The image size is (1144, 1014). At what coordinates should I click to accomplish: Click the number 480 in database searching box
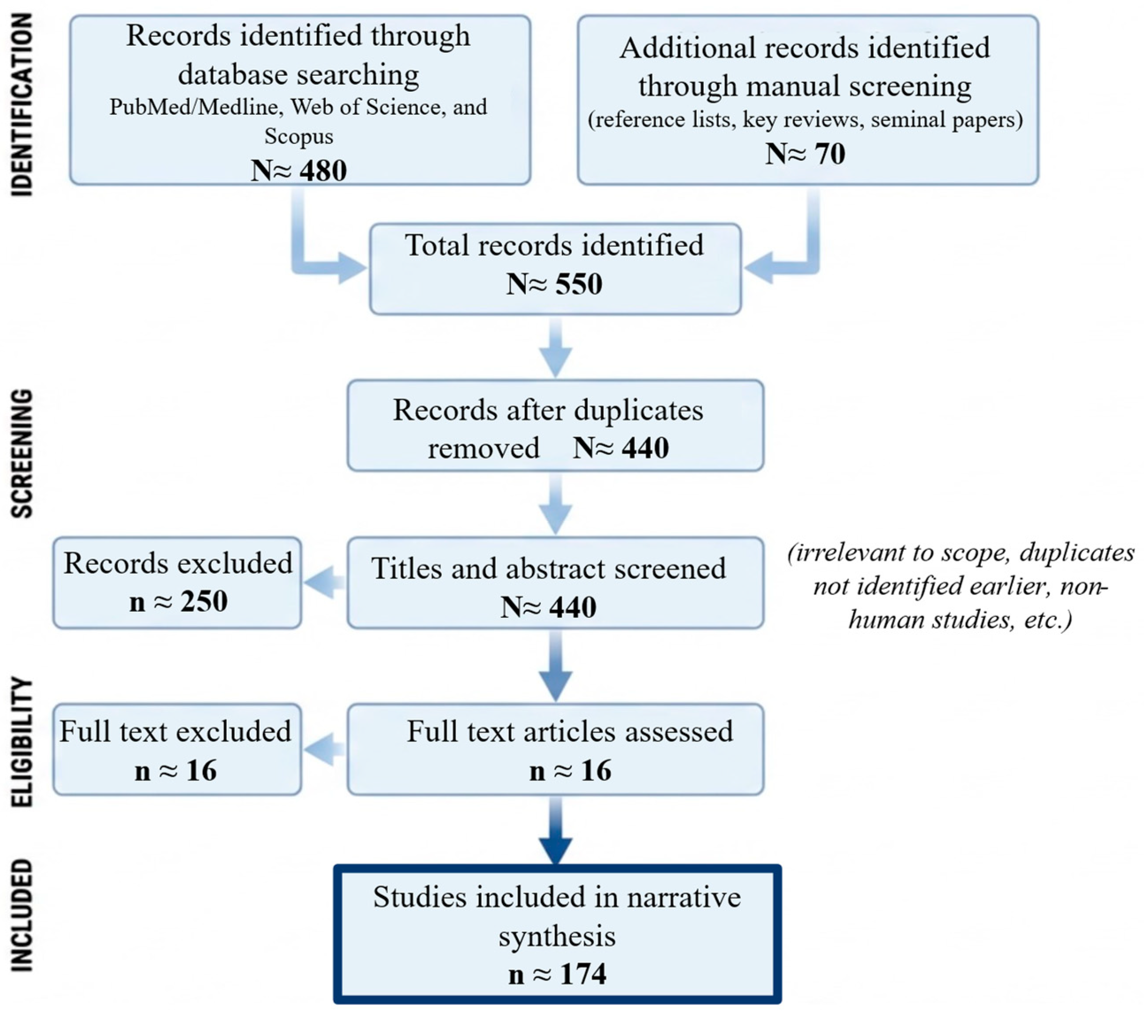coord(323,170)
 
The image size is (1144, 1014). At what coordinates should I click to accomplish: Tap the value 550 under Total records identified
coord(579,283)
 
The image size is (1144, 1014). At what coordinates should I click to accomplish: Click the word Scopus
coord(299,136)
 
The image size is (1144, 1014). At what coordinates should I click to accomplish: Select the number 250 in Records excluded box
coord(204,601)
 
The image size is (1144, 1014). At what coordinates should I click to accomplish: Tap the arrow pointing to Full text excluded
coord(325,749)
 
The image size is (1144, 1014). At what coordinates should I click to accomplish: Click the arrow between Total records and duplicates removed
coord(555,347)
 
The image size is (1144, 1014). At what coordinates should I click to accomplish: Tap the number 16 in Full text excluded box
coord(201,770)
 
